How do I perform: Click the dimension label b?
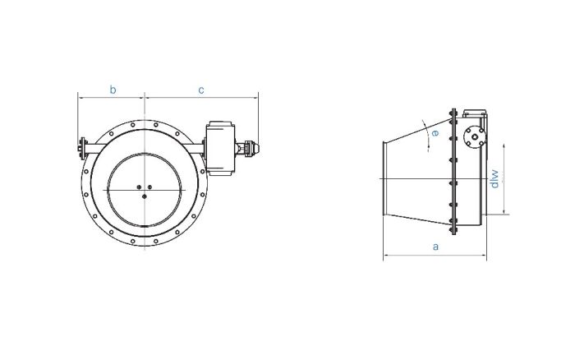tap(113, 90)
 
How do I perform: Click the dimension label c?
tap(201, 90)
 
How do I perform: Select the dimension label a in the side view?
tap(435, 246)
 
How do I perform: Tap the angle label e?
tap(435, 133)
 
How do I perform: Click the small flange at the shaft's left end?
tap(80, 149)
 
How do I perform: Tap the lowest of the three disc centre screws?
tap(144, 196)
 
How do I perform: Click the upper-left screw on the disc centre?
tap(140, 187)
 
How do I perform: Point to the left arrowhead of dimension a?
tap(385, 256)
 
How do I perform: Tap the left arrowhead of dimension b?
tap(80, 98)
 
